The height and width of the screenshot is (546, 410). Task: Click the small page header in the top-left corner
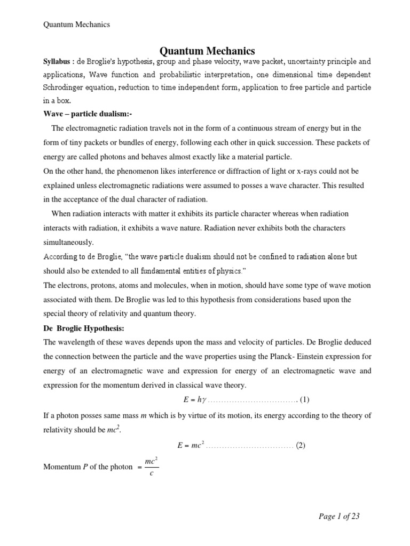[76, 25]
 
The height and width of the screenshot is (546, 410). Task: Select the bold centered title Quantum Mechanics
[208, 51]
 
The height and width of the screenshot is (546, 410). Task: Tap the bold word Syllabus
[58, 62]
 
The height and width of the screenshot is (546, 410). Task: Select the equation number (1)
[304, 400]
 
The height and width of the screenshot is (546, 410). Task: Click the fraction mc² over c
[150, 467]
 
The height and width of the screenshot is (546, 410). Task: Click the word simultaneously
[68, 242]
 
